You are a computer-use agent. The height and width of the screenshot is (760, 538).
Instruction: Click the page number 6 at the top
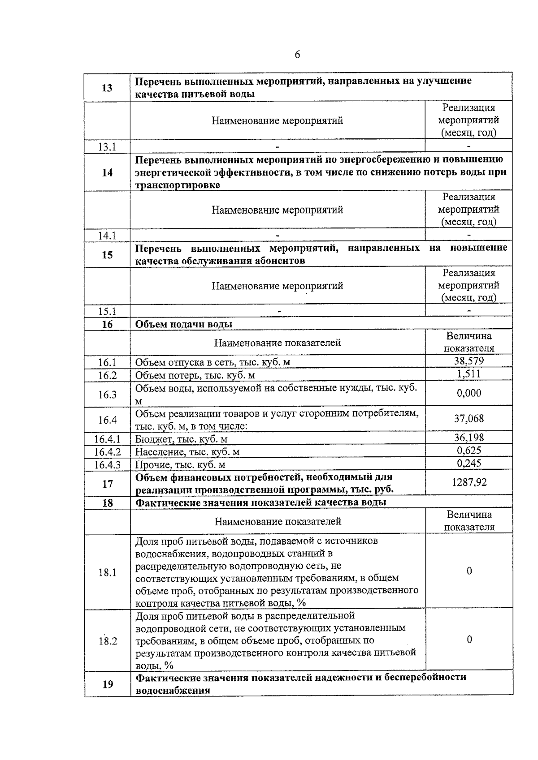pyautogui.click(x=297, y=55)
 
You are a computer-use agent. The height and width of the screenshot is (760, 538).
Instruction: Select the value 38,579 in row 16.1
pyautogui.click(x=469, y=361)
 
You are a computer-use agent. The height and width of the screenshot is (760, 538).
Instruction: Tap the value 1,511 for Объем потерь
pyautogui.click(x=469, y=374)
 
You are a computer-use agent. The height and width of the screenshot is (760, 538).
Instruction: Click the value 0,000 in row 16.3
pyautogui.click(x=469, y=393)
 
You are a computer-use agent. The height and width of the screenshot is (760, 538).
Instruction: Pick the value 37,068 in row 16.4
pyautogui.click(x=469, y=419)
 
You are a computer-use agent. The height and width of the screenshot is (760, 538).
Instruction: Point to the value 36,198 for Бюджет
pyautogui.click(x=469, y=438)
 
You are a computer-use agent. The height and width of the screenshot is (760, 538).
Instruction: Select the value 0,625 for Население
pyautogui.click(x=469, y=450)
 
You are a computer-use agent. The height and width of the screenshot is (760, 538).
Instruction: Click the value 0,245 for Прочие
pyautogui.click(x=469, y=463)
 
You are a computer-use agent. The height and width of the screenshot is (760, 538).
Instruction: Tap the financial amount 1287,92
pyautogui.click(x=469, y=482)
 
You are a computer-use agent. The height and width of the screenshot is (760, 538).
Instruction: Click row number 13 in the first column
pyautogui.click(x=107, y=88)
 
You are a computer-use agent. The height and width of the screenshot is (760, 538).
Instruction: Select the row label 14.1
pyautogui.click(x=107, y=236)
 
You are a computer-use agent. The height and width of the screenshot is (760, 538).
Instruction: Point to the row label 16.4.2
pyautogui.click(x=107, y=452)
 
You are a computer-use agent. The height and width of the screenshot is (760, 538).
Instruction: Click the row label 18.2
pyautogui.click(x=108, y=641)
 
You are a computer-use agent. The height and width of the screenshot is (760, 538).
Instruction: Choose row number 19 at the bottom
pyautogui.click(x=108, y=684)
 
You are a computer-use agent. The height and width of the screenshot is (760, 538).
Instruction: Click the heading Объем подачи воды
pyautogui.click(x=184, y=324)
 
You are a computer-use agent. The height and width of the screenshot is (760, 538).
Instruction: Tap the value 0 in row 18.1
pyautogui.click(x=469, y=571)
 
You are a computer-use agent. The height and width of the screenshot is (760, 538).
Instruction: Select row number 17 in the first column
pyautogui.click(x=107, y=484)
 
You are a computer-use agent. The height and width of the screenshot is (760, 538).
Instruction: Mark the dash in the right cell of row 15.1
pyautogui.click(x=469, y=310)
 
